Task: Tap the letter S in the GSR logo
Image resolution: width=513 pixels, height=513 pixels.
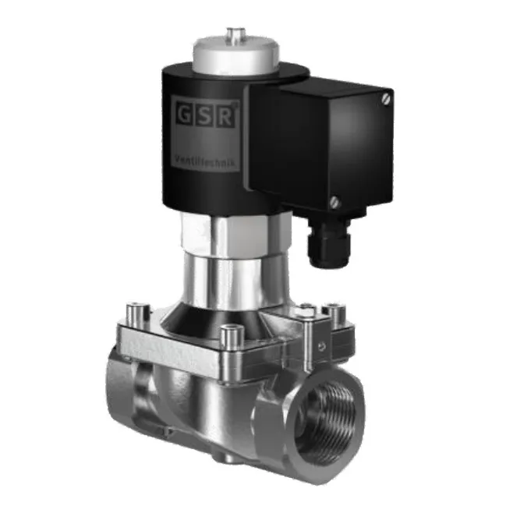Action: (x=203, y=115)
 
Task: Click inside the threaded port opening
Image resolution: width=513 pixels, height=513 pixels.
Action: (x=327, y=417)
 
